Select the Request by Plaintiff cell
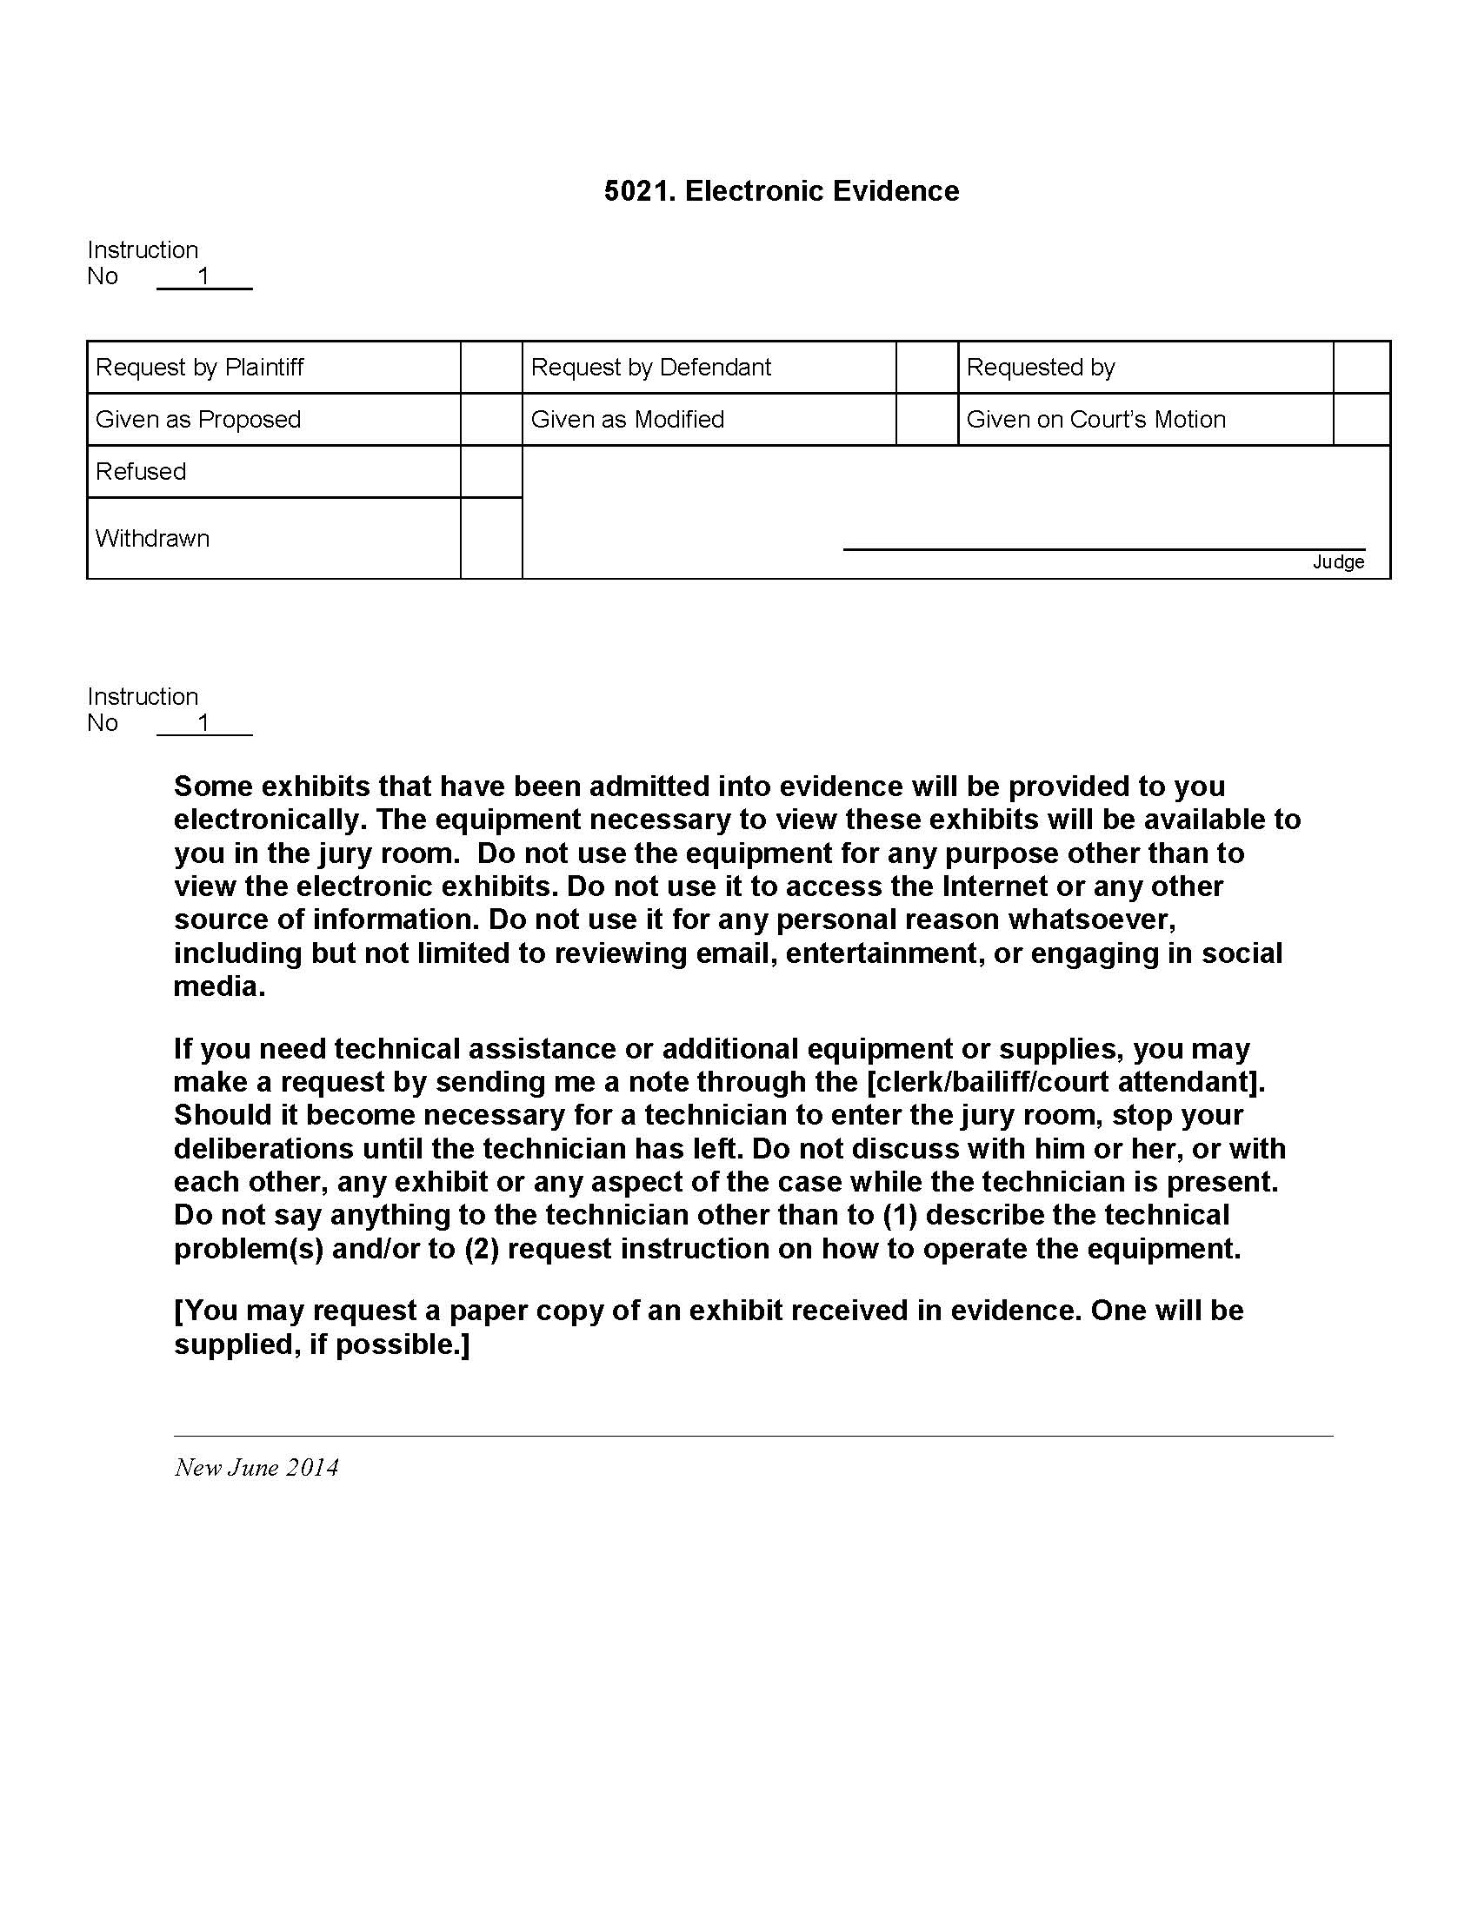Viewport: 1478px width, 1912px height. (x=200, y=367)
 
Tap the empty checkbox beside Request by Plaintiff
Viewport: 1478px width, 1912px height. (x=491, y=367)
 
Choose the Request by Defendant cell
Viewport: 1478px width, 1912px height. (x=650, y=367)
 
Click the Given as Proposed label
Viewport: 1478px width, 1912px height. (x=198, y=420)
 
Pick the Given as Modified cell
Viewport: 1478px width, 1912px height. (x=627, y=420)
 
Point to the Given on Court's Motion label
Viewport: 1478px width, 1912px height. (x=1095, y=420)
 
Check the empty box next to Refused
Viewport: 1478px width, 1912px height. (x=491, y=472)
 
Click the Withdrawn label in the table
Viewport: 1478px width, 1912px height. (x=152, y=539)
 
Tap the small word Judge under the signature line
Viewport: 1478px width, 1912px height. (x=1338, y=562)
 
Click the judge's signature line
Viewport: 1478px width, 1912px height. (x=1103, y=548)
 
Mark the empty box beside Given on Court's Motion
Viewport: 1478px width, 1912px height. (x=1361, y=420)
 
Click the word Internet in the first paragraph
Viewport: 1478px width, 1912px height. (x=995, y=886)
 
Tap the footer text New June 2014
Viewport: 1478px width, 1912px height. (x=256, y=1468)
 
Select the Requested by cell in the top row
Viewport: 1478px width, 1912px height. (x=1040, y=367)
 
